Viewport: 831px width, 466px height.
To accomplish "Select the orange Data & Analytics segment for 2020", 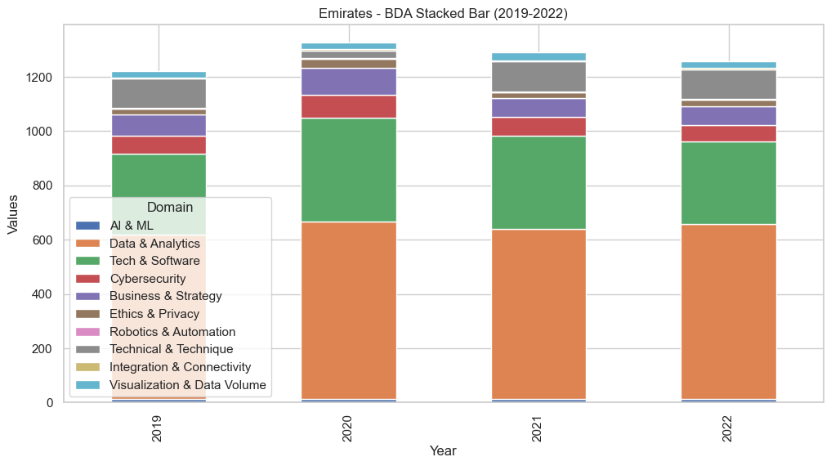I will [349, 311].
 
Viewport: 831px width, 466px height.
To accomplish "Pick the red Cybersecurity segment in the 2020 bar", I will [349, 106].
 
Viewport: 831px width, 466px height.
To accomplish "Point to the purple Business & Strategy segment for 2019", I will [159, 125].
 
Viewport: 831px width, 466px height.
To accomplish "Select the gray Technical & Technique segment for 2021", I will [538, 77].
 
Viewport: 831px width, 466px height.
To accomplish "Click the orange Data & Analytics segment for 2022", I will [729, 311].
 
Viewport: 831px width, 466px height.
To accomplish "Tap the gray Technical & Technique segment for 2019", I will [159, 93].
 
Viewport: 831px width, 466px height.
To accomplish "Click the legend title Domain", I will [170, 208].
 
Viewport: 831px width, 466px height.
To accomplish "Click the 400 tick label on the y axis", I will [42, 294].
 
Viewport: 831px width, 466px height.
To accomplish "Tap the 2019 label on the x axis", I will [159, 429].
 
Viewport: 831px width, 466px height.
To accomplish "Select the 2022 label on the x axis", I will [729, 429].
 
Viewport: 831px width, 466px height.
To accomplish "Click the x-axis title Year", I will [444, 451].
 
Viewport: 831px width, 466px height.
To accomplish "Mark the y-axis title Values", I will [13, 214].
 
